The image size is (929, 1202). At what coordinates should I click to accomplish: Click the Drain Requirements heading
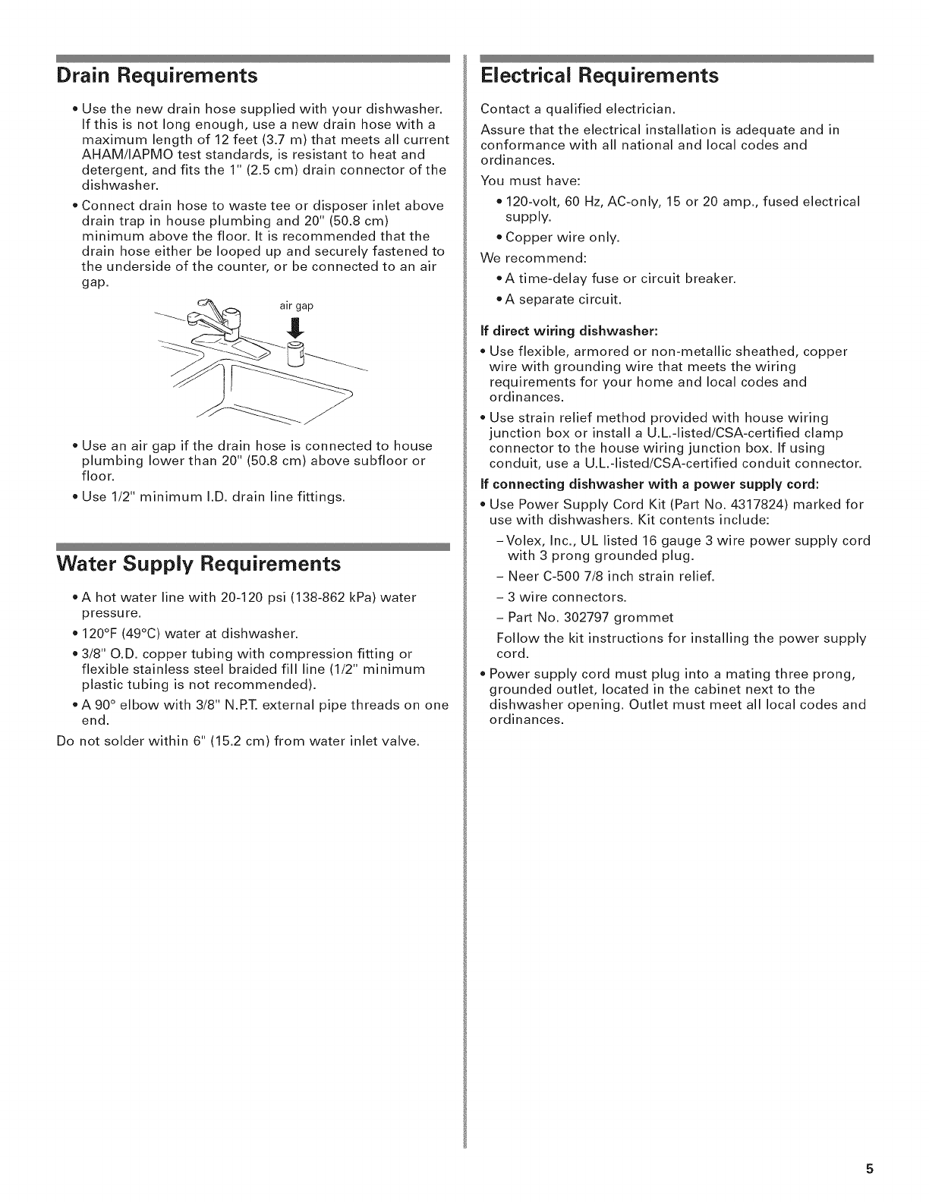coord(157,76)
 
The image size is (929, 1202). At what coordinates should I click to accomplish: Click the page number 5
coord(870,1169)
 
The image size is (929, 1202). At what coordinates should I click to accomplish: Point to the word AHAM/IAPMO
coord(123,155)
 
